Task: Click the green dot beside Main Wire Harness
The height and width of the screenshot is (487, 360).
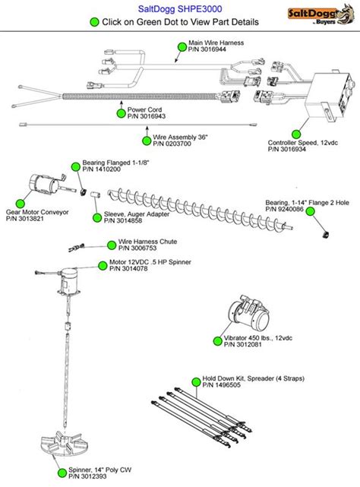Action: (x=182, y=47)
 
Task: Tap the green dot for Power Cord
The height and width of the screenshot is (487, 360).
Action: (x=121, y=114)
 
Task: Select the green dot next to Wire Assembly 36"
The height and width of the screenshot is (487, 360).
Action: (x=147, y=141)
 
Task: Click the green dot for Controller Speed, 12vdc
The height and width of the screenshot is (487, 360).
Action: (x=296, y=134)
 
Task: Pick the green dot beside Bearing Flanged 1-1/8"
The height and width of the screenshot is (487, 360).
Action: (x=76, y=167)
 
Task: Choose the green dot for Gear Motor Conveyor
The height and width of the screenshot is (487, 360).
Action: (x=21, y=204)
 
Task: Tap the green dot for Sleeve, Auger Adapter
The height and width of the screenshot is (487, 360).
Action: (x=97, y=218)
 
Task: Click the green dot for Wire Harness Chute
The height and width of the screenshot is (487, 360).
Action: (x=112, y=245)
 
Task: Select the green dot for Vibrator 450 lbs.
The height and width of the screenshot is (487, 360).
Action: (x=218, y=341)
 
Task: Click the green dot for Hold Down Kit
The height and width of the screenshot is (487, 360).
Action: (x=196, y=382)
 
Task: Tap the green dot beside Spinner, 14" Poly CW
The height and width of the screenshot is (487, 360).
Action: (x=62, y=473)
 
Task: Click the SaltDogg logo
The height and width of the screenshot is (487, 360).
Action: (x=321, y=15)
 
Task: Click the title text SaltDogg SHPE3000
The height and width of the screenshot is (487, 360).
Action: (x=180, y=8)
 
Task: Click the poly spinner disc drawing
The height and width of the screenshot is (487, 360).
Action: (x=65, y=444)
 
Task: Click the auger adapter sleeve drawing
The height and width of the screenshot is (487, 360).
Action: (x=96, y=194)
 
